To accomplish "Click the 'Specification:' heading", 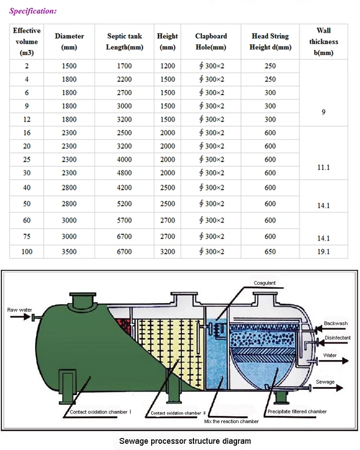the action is pyautogui.click(x=33, y=11).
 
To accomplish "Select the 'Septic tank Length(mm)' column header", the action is pyautogui.click(x=125, y=42).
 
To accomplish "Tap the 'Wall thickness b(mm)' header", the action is pyautogui.click(x=324, y=42).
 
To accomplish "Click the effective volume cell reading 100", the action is pyautogui.click(x=27, y=251).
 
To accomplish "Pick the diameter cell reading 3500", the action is pyautogui.click(x=69, y=251).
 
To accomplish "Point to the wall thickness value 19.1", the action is pyautogui.click(x=324, y=251).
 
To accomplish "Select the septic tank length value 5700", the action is pyautogui.click(x=124, y=220).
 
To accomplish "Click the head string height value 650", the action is pyautogui.click(x=270, y=251).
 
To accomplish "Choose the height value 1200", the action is pyautogui.click(x=167, y=66).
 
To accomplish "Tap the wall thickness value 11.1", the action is pyautogui.click(x=324, y=168).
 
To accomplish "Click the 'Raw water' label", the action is pyautogui.click(x=20, y=310).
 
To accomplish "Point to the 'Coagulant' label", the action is pyautogui.click(x=265, y=283).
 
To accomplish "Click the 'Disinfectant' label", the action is pyautogui.click(x=337, y=338).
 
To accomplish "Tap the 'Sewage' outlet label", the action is pyautogui.click(x=325, y=382).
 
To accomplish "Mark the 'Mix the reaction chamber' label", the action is pyautogui.click(x=231, y=422).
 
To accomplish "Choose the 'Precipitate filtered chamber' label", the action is pyautogui.click(x=297, y=412).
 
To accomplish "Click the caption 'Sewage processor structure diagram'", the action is pyautogui.click(x=185, y=441).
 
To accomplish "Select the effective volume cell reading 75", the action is pyautogui.click(x=27, y=236).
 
